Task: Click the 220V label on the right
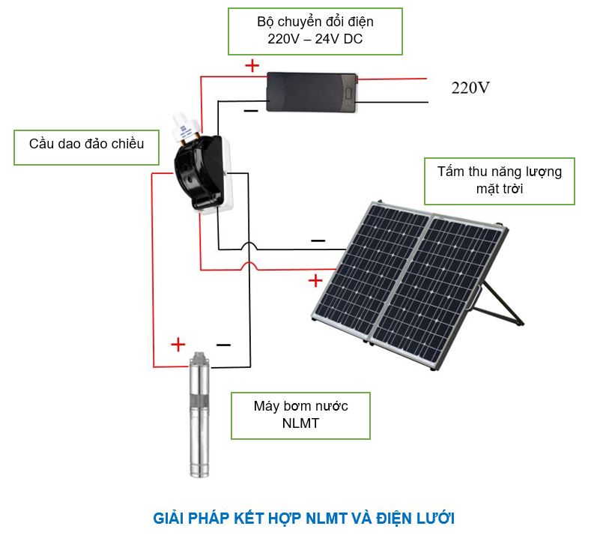click(470, 88)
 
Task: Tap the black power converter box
click(312, 91)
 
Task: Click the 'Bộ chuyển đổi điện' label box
click(315, 31)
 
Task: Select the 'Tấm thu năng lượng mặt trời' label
click(499, 181)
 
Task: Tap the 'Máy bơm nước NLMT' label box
click(300, 415)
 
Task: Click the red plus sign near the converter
click(252, 65)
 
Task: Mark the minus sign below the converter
click(251, 111)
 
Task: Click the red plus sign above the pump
click(178, 345)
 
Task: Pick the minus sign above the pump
click(223, 345)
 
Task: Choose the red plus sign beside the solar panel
click(315, 280)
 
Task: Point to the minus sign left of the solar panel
click(318, 241)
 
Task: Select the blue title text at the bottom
click(303, 518)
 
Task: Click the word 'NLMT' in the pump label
click(300, 424)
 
